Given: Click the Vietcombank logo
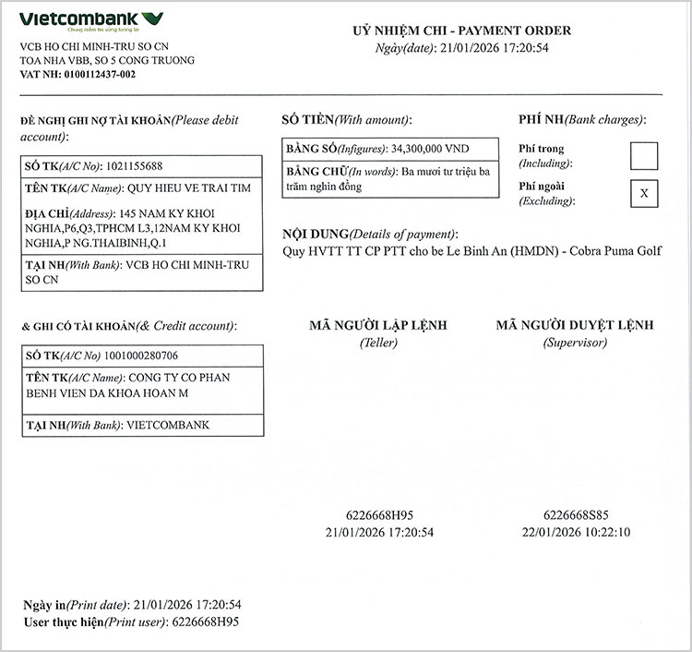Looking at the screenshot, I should click(x=91, y=20).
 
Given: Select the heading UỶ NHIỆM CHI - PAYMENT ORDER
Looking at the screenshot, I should click(x=461, y=30).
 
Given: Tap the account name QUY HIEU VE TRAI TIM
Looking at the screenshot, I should click(x=189, y=188).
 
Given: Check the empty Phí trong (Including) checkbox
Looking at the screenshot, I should click(x=643, y=155).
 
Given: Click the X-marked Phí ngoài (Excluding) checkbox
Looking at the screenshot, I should click(x=643, y=193).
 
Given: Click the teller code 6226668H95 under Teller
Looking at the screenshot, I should click(x=379, y=515).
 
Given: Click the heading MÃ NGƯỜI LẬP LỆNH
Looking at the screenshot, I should click(x=378, y=325).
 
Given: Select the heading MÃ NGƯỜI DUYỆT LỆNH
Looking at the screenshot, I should click(x=574, y=325).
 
